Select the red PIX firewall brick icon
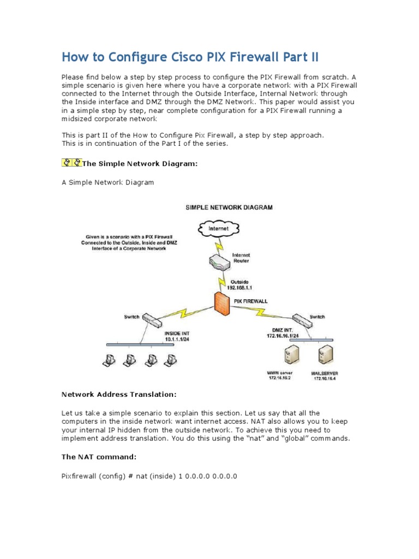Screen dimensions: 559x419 (220, 303)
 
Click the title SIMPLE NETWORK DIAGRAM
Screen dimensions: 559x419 (229, 207)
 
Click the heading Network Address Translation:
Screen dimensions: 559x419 (119, 394)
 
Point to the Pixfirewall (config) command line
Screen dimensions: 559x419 (149, 476)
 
